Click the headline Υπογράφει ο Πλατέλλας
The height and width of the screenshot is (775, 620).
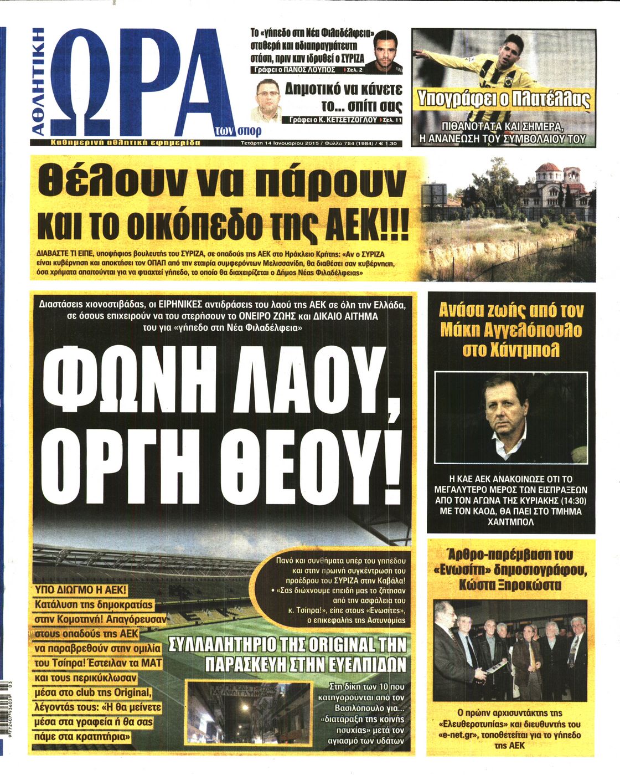point(504,100)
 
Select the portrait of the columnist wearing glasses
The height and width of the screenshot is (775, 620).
point(268,99)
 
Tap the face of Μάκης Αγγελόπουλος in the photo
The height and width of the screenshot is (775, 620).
point(504,408)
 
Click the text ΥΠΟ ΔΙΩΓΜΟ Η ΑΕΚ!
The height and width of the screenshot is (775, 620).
point(81,589)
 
